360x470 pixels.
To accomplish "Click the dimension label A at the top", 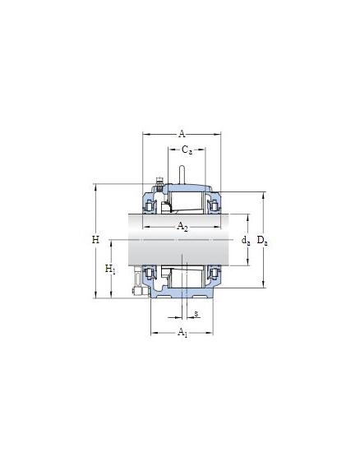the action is [182, 134].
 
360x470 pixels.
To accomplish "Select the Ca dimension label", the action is [187, 150].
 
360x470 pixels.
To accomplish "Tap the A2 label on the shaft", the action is [182, 226].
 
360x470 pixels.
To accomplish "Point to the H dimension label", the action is [95, 240].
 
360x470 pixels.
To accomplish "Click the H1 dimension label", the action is [110, 270].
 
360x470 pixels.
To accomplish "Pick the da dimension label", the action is [246, 240].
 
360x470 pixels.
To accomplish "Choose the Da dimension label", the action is [262, 241].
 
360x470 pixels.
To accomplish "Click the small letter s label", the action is [196, 314].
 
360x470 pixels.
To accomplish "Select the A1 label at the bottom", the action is [182, 332].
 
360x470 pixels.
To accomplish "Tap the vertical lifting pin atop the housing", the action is [182, 174].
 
